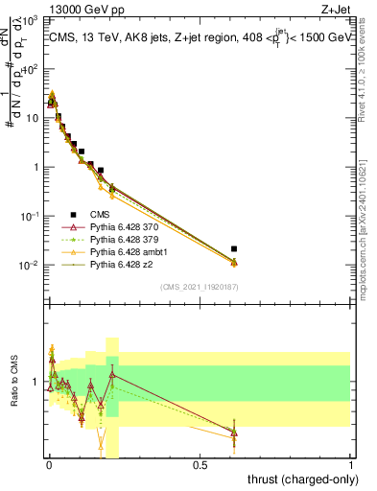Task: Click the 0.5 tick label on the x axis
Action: coord(200,465)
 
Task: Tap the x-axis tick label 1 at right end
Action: coord(352,465)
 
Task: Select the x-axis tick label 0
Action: coord(49,465)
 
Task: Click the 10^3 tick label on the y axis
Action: coord(32,20)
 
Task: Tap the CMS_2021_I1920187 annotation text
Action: coord(199,286)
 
